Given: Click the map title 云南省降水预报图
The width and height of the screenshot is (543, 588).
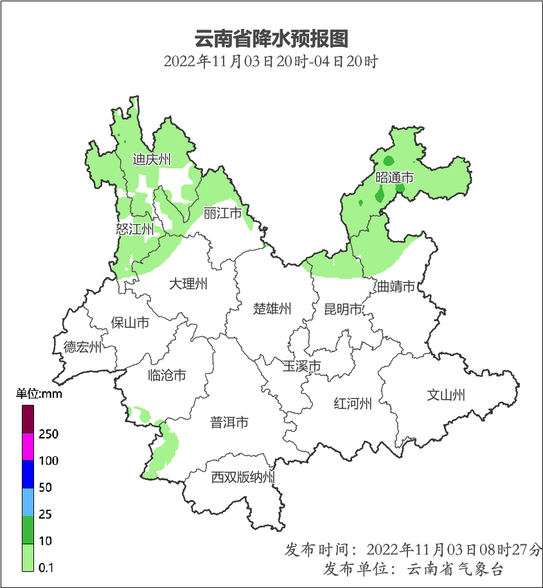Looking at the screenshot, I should coord(271,39).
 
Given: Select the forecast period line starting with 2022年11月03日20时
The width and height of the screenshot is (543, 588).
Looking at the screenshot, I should coord(271,62).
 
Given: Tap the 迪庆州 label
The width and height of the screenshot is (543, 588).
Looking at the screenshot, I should coord(152,159).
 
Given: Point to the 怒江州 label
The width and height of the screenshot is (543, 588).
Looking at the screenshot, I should coord(135,228).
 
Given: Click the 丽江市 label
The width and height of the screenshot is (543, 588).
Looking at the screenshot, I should coord(222,213).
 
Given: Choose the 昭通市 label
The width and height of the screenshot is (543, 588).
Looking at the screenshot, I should coord(394,177).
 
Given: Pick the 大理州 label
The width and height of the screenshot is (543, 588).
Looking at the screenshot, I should coord(188,283).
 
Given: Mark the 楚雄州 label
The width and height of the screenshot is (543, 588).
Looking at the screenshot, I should coord(272,308).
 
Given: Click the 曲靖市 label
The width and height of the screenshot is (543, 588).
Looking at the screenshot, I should coord(396,287).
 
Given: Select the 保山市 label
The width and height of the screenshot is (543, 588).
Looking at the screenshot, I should coord(130,322).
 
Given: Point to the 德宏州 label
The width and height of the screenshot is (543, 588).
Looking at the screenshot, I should coord(82,348).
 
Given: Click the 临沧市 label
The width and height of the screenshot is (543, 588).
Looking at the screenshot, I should coord(166,375).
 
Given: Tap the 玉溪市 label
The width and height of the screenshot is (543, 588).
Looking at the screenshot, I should coord(302,366).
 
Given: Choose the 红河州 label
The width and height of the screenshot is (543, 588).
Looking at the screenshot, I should coord(353,404).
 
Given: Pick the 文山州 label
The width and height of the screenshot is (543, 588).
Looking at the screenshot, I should coord(446,395).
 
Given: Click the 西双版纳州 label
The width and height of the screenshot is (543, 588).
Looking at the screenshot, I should coord(244,477).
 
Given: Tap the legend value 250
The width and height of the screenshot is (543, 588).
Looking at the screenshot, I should coord(48,434).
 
